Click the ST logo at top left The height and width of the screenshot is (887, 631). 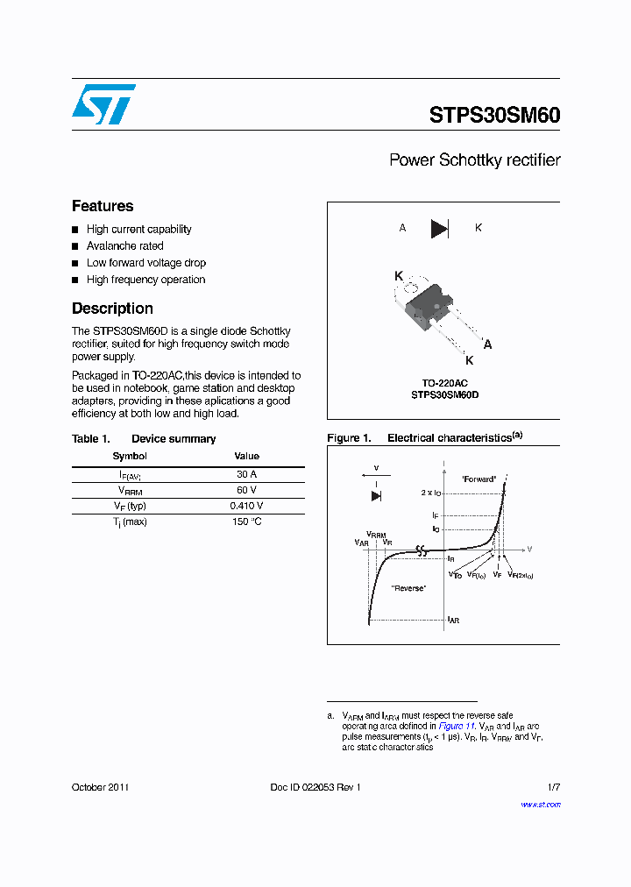pos(103,104)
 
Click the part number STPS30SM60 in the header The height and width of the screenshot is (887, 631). pos(494,116)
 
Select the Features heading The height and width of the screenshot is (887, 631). pos(103,206)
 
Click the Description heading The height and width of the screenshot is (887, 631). pos(112,309)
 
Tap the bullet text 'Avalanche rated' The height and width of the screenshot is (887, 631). pos(124,246)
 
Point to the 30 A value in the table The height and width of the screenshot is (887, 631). pos(246,474)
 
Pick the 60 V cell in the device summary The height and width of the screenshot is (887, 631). pos(246,490)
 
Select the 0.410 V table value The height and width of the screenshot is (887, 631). pos(246,506)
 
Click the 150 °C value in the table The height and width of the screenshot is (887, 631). pos(246,522)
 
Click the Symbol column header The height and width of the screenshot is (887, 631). pos(130,456)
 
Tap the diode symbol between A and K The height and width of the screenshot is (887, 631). pos(439,229)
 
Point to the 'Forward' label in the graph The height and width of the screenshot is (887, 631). pos(479,479)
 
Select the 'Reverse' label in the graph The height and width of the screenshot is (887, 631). pos(408,588)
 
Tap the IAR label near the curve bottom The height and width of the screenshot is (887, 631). pos(453,620)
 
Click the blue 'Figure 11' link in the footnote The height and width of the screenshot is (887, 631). pos(457,727)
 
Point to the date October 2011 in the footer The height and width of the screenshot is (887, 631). pos(100,787)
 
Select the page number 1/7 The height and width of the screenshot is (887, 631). pos(553,787)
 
